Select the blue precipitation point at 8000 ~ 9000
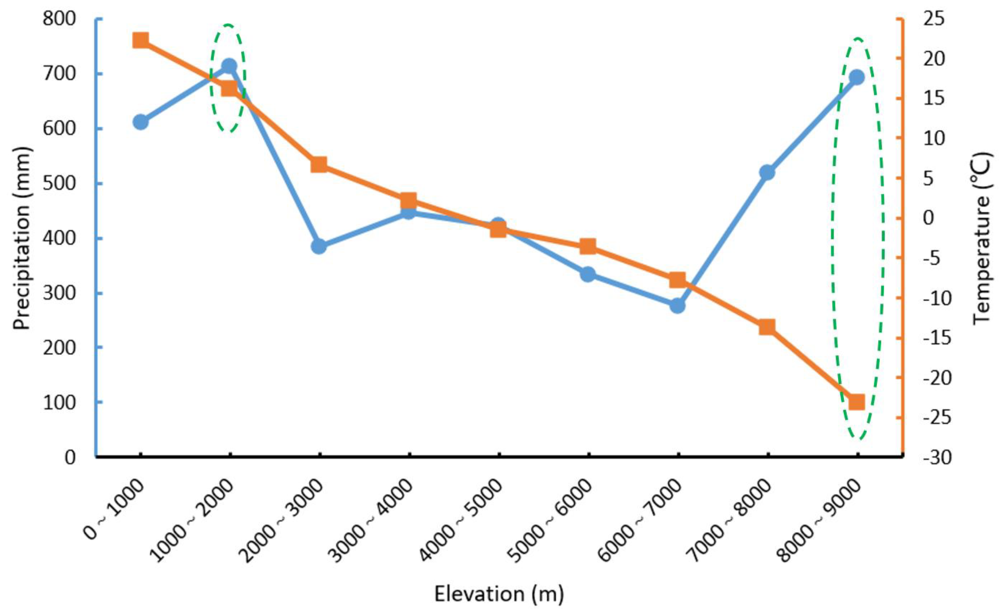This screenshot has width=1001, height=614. tap(857, 77)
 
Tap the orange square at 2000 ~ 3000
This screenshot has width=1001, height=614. tap(319, 165)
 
